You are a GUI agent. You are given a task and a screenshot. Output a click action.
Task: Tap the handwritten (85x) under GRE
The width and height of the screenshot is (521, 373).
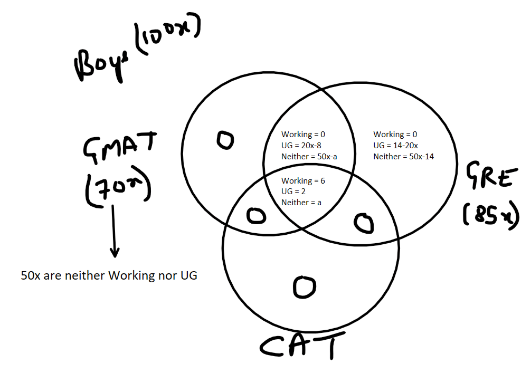[x=491, y=214]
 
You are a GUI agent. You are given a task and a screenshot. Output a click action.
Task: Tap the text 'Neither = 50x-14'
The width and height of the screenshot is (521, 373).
[x=403, y=156]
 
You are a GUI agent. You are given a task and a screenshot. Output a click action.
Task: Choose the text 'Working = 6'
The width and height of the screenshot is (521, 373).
[x=303, y=180]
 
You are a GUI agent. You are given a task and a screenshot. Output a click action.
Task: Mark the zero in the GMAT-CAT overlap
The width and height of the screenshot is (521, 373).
[x=257, y=216]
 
